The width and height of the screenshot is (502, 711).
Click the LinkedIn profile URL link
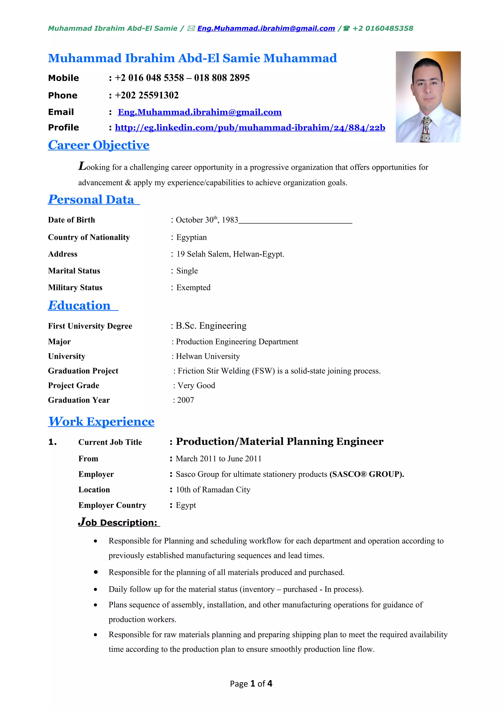(250, 128)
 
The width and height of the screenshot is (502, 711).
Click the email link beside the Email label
(200, 112)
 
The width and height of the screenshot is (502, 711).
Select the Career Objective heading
(99, 145)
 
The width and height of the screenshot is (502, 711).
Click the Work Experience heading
(101, 422)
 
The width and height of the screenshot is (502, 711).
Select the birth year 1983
(230, 220)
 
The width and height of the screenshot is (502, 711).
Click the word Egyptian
(191, 237)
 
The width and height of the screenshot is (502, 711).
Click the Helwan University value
(208, 356)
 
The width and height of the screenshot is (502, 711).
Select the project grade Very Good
(196, 385)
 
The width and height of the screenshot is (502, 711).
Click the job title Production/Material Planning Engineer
(280, 442)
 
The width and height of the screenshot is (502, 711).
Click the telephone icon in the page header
(346, 28)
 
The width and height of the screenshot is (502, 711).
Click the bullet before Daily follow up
(96, 589)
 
